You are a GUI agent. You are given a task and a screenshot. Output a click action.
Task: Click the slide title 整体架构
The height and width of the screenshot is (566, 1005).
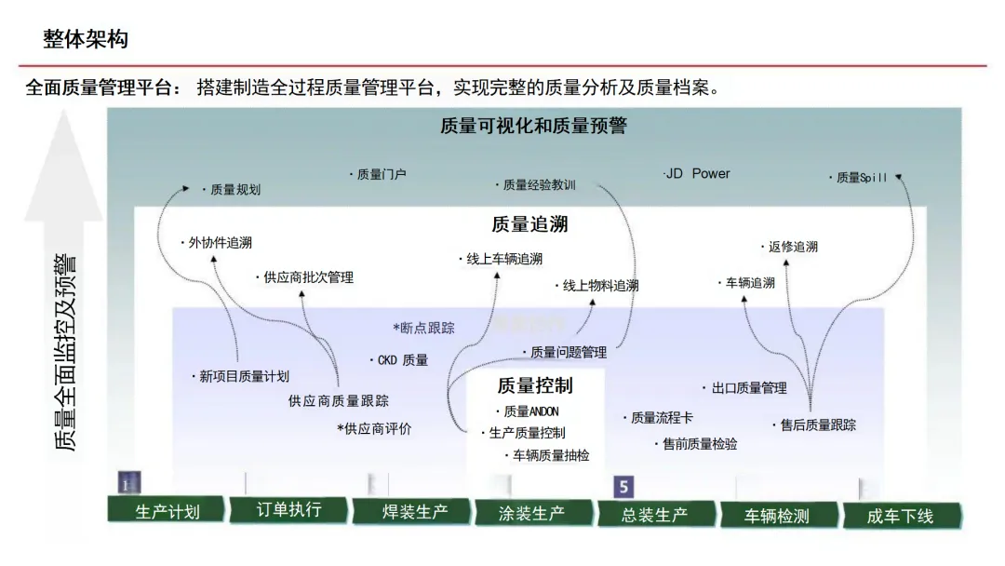pos(86,39)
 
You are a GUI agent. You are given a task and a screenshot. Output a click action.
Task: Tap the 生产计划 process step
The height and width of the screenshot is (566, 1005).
pos(167,511)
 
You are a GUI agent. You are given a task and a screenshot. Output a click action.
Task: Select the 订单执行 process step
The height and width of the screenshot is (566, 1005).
pos(288,509)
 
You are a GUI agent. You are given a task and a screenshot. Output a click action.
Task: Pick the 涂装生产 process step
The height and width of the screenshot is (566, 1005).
pos(531,513)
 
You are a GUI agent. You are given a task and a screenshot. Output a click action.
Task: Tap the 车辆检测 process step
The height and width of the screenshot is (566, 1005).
pos(777,516)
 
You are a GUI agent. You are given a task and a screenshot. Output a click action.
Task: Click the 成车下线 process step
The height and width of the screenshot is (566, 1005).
pos(900,516)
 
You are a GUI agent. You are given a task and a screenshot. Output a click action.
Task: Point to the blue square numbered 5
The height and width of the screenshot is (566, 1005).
pos(623,487)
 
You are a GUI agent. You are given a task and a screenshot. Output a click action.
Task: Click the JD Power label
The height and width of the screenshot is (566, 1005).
pos(698,173)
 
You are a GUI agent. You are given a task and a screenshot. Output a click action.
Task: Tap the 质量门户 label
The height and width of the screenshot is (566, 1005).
pos(381,173)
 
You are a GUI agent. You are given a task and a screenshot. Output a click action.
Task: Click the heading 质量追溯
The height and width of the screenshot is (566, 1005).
pos(529,224)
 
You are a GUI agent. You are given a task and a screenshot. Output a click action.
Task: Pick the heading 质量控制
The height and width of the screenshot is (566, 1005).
pos(535,385)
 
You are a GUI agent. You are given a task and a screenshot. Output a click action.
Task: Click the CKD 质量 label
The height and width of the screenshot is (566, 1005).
pos(402,359)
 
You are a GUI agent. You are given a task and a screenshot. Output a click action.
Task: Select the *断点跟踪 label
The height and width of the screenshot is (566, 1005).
pos(424,328)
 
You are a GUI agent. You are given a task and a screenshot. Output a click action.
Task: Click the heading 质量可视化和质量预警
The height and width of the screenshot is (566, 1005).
pos(533,126)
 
